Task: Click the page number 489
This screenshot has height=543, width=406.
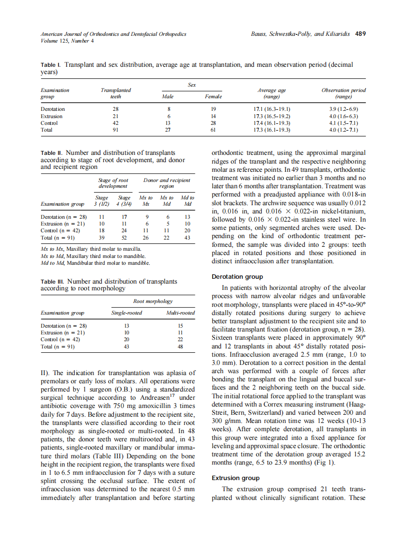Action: [x=360, y=34]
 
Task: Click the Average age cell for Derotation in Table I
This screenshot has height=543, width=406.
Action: [x=275, y=109]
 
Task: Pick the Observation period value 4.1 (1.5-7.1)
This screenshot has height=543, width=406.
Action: [x=343, y=123]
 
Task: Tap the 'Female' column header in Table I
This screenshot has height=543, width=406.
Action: [x=213, y=97]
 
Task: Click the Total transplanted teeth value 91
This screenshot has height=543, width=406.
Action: [x=115, y=130]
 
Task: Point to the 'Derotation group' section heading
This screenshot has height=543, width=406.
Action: [x=237, y=277]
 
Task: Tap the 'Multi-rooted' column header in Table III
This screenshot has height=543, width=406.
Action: [x=180, y=313]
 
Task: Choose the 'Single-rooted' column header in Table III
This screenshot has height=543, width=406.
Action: [x=127, y=313]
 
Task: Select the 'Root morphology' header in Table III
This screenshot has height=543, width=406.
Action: [x=153, y=301]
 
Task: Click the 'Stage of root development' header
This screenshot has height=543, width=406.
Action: [x=113, y=183]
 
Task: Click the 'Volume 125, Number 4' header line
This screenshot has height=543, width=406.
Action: [x=67, y=41]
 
